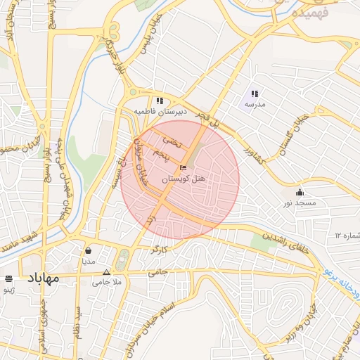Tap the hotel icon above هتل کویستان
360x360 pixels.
184,168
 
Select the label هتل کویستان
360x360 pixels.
184,179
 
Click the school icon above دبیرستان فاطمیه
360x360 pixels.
160,101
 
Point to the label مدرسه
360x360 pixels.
255,104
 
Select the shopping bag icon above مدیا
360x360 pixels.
88,250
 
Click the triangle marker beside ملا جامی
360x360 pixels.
106,272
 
